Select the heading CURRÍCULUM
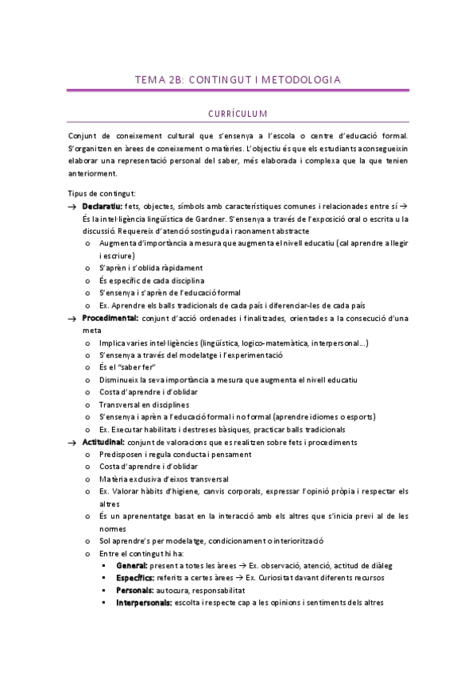pyautogui.click(x=238, y=114)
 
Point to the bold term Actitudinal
pyautogui.click(x=103, y=442)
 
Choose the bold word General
pyautogui.click(x=132, y=564)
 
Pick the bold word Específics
pyautogui.click(x=135, y=577)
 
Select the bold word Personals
pyautogui.click(x=134, y=590)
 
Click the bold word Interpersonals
pyautogui.click(x=143, y=602)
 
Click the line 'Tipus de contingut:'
pyautogui.click(x=101, y=193)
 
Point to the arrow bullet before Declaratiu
pyautogui.click(x=71, y=207)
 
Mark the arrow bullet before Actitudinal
pyautogui.click(x=71, y=443)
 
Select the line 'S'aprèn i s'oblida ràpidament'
pyautogui.click(x=151, y=268)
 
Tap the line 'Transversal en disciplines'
pyautogui.click(x=144, y=405)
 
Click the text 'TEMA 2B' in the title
pyautogui.click(x=159, y=79)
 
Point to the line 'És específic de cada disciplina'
pyautogui.click(x=153, y=281)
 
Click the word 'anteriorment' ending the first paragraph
pyautogui.click(x=92, y=173)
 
